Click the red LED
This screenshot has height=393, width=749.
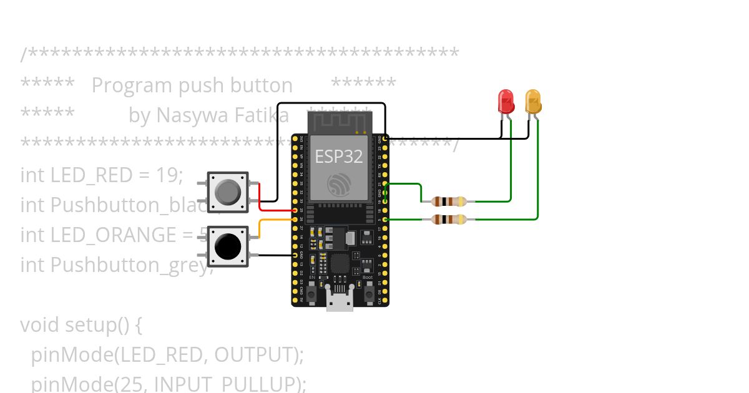(x=506, y=102)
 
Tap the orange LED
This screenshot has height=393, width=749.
(x=532, y=102)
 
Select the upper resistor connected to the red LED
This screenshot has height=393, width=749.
(x=448, y=201)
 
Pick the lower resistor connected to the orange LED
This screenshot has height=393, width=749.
(x=448, y=219)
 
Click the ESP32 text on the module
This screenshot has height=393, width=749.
(x=338, y=156)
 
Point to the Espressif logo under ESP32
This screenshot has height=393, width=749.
(x=339, y=184)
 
